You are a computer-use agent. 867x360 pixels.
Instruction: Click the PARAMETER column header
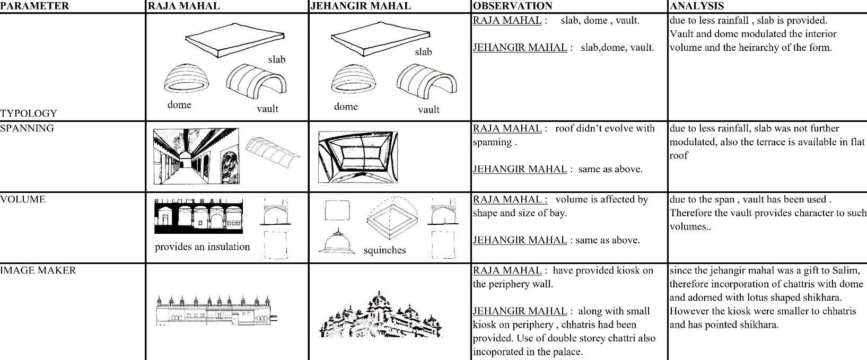[x=34, y=6]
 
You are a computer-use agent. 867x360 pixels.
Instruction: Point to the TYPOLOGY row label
[x=28, y=113]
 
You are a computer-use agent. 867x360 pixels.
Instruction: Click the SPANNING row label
[x=27, y=128]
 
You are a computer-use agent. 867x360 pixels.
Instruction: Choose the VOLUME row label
[x=23, y=199]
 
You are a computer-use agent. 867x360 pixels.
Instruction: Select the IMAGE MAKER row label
[x=38, y=270]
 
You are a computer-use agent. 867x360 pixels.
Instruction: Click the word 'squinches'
[x=384, y=250]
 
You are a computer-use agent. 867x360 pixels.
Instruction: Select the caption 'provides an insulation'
[x=202, y=247]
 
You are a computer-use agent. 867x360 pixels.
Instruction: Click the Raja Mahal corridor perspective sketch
[x=196, y=157]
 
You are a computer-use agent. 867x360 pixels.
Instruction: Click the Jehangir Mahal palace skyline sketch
[x=380, y=315]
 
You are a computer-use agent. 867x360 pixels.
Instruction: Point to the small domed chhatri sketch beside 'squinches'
[x=337, y=242]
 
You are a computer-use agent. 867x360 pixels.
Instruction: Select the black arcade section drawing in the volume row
[x=199, y=216]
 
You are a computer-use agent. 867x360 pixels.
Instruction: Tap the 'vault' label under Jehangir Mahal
[x=428, y=110]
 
